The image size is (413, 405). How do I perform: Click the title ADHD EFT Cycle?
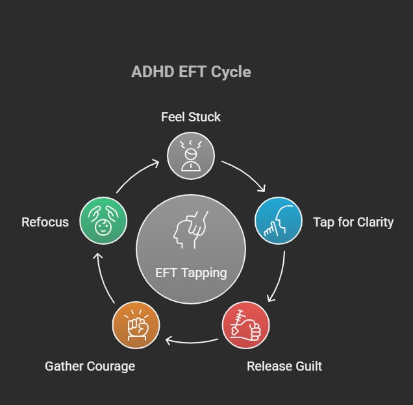click(x=191, y=71)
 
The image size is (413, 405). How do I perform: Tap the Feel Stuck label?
click(x=191, y=117)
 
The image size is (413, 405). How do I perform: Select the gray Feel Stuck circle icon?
click(x=191, y=154)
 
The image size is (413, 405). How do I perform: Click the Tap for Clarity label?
click(x=353, y=222)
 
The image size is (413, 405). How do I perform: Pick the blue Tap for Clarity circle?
click(x=279, y=220)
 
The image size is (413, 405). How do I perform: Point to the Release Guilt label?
click(x=284, y=366)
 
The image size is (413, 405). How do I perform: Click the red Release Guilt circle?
click(x=246, y=325)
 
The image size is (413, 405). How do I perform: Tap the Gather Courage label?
click(x=90, y=366)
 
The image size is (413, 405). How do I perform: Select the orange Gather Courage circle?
click(x=136, y=325)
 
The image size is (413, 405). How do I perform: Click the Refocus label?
click(x=45, y=222)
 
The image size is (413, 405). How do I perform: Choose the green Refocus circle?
click(x=103, y=221)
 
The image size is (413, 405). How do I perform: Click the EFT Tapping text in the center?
click(x=191, y=273)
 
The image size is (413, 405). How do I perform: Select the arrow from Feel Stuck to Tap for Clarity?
click(x=245, y=175)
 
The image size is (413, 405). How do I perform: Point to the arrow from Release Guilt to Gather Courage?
click(x=192, y=340)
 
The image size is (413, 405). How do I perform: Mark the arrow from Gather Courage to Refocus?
click(x=104, y=278)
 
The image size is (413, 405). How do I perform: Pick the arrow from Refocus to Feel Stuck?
click(x=137, y=175)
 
